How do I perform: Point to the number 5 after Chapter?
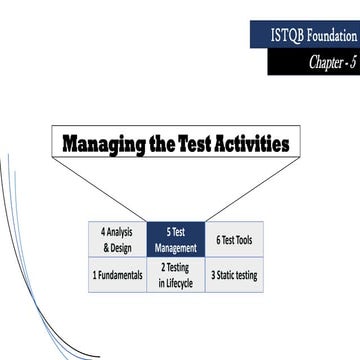tap(353, 64)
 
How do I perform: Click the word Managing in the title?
tap(103, 143)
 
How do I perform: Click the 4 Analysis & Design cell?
tap(117, 239)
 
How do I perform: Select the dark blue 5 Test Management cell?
tap(176, 239)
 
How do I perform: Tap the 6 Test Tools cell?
tap(235, 239)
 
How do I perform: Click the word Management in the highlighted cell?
tap(176, 247)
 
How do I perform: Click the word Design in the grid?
tap(123, 247)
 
